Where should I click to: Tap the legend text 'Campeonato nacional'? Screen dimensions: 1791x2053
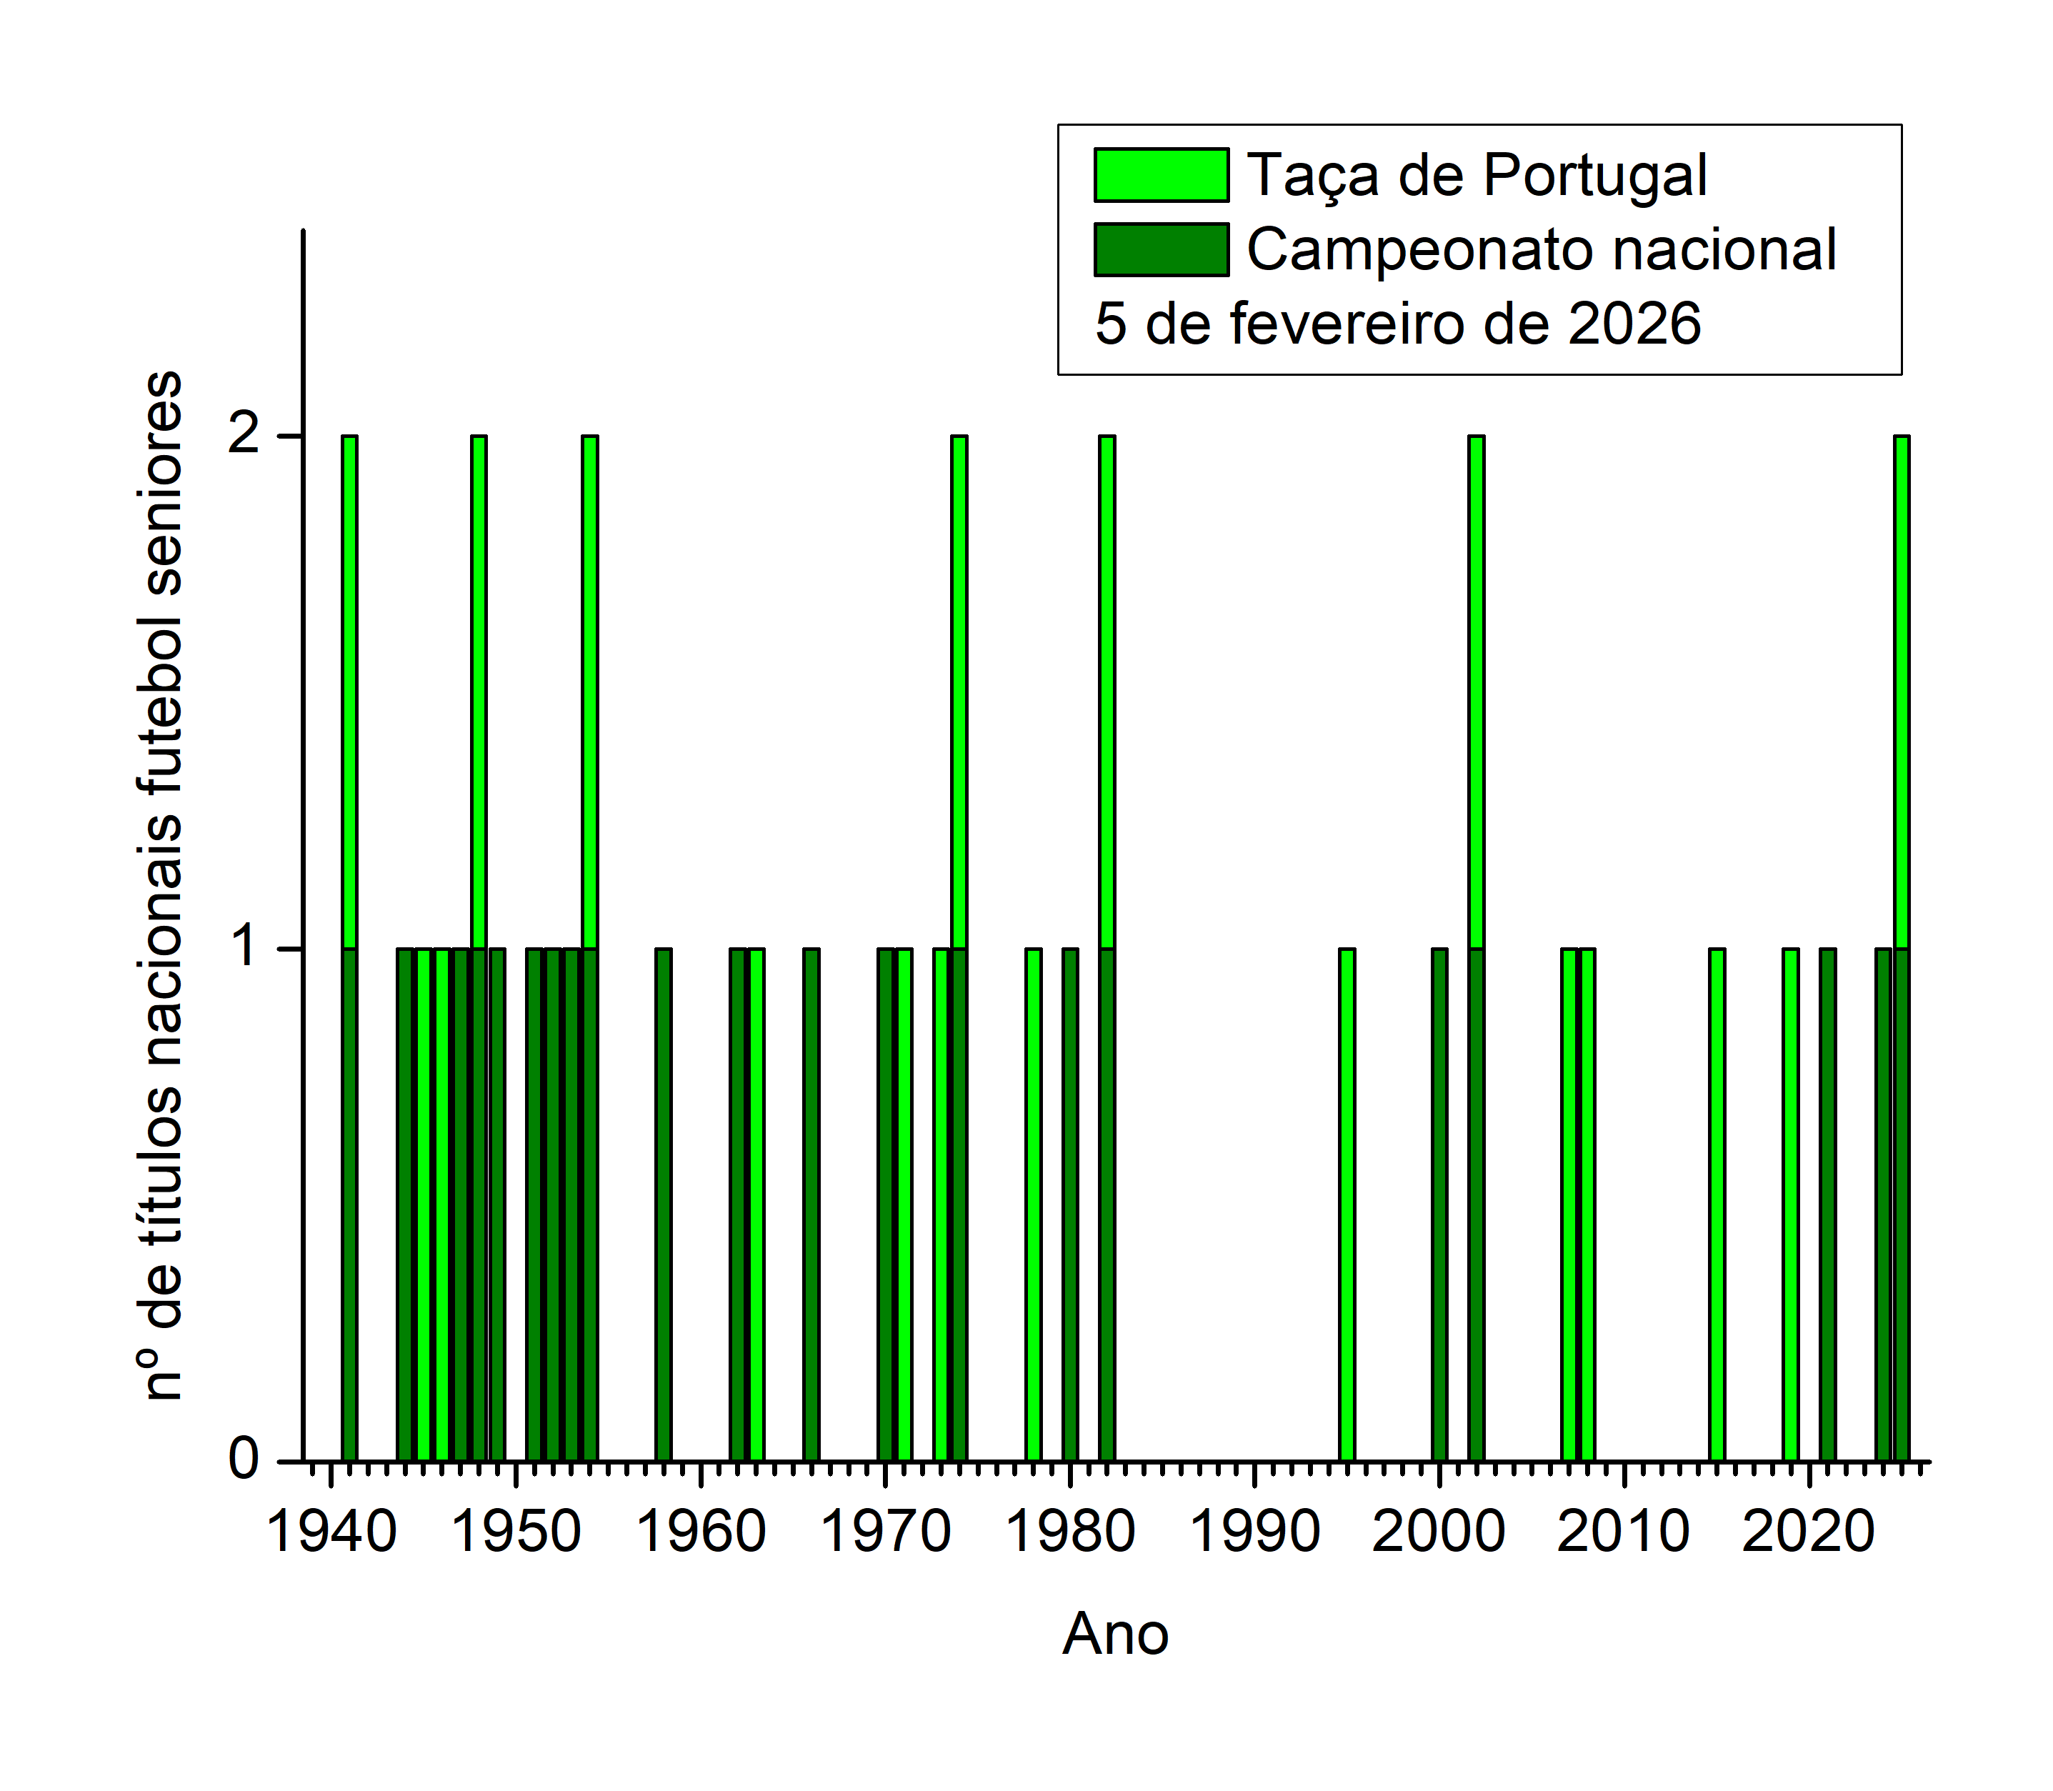(x=1540, y=249)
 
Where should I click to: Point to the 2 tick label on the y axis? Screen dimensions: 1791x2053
(x=244, y=436)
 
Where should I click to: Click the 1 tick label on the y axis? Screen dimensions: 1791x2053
(x=244, y=949)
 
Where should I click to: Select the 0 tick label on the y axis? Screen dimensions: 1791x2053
(x=244, y=1460)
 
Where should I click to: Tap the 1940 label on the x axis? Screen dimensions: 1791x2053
(x=332, y=1532)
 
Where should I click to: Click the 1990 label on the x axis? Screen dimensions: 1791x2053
(x=1254, y=1532)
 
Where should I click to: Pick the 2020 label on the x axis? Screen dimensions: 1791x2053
(x=1808, y=1532)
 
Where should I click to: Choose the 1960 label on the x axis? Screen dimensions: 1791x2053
(x=701, y=1532)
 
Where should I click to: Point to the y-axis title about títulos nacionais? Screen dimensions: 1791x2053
(x=163, y=886)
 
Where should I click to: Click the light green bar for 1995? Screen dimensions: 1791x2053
(x=1347, y=1204)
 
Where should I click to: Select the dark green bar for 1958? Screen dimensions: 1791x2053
(x=664, y=1204)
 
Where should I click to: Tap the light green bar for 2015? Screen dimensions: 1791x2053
(x=1716, y=1204)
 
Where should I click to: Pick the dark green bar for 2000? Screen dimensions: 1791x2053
(x=1439, y=1204)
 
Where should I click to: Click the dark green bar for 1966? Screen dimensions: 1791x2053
(x=811, y=1204)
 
